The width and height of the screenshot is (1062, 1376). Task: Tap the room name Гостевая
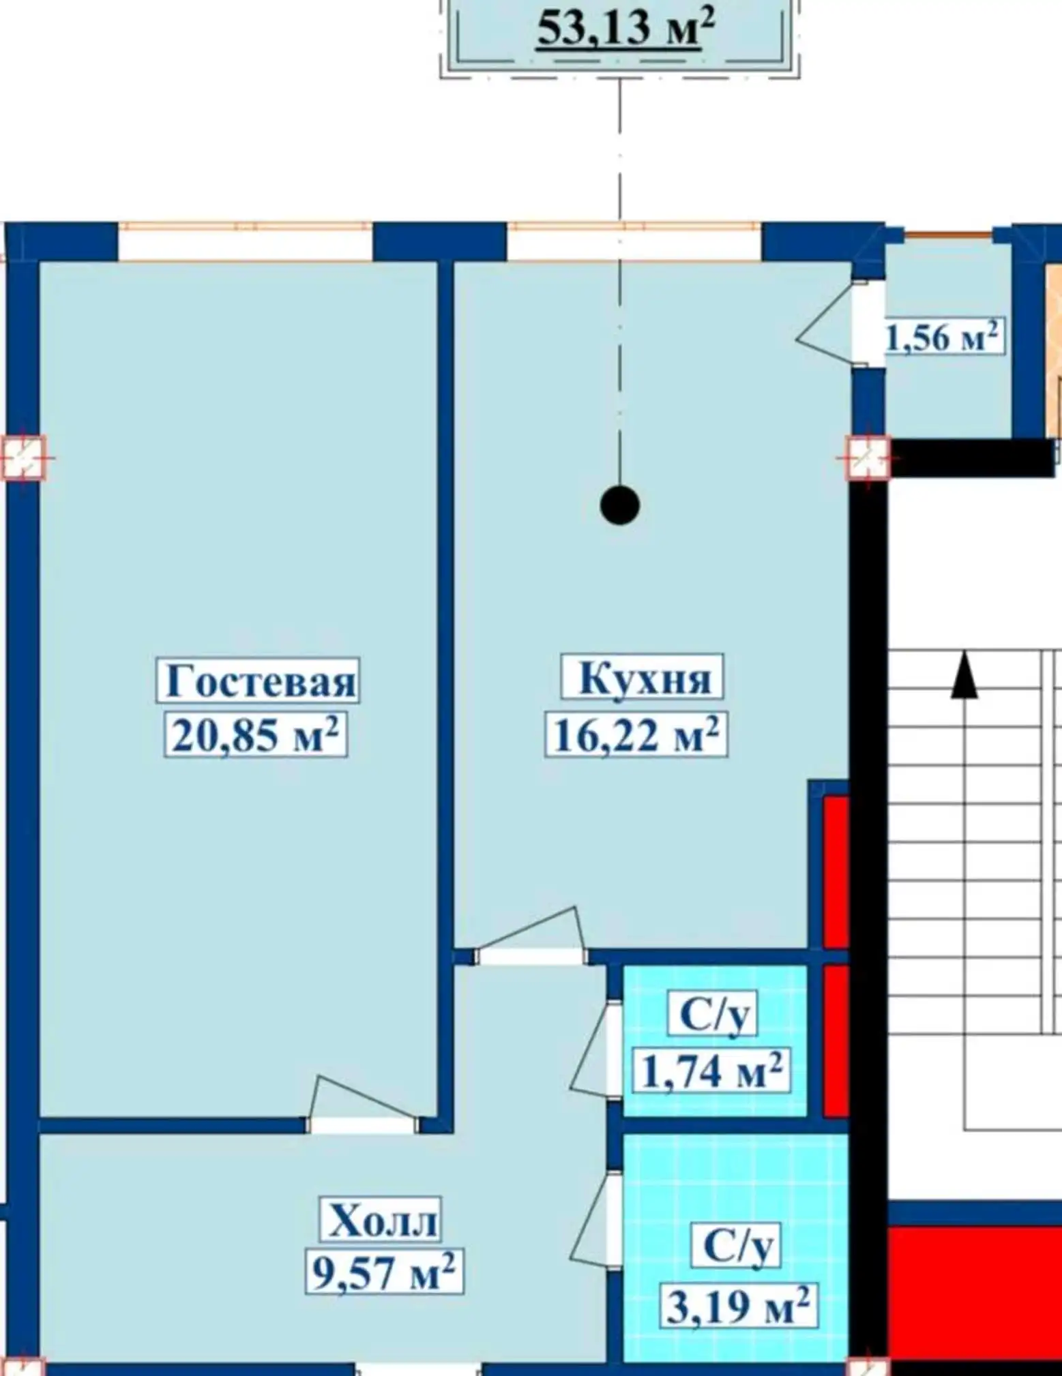260,680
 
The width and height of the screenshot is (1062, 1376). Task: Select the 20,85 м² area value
256,735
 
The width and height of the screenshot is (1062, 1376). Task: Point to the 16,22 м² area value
636,734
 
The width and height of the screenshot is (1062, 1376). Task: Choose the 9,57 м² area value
384,1272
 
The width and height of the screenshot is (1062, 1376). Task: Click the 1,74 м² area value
711,1071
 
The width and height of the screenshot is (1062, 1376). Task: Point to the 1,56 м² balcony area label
943,336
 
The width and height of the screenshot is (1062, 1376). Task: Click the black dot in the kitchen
620,506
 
